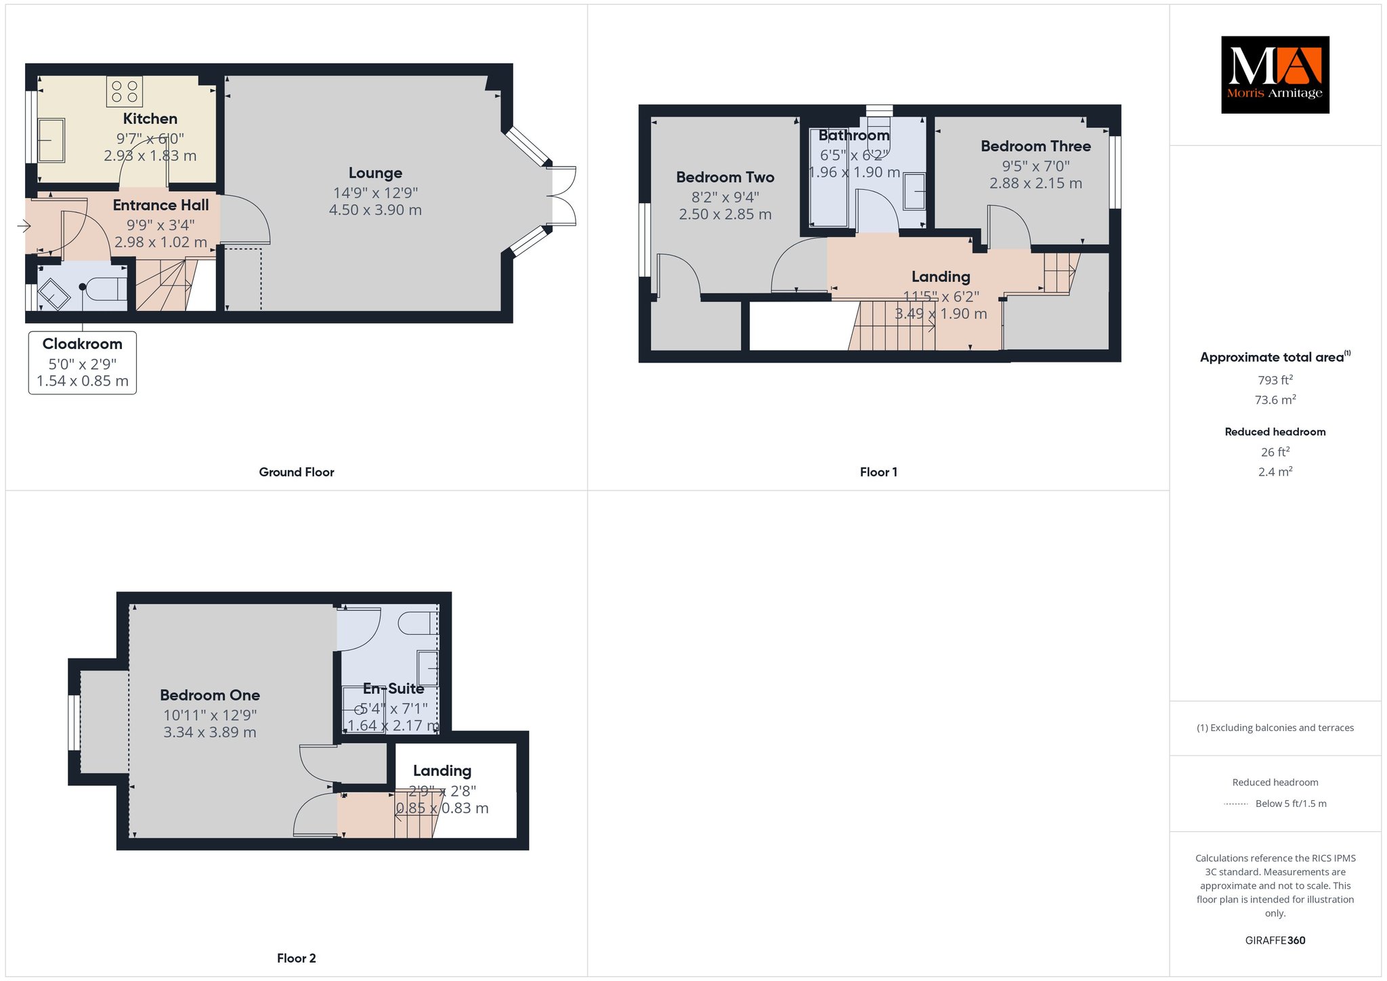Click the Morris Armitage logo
pos(1275,75)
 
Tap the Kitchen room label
pos(150,119)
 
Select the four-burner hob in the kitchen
pos(125,91)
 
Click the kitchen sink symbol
pos(51,140)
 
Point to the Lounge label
pos(375,173)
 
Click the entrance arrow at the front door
pos(25,226)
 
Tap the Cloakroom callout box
pos(83,362)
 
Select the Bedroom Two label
pos(725,178)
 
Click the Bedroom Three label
pos(1036,146)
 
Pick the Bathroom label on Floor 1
pos(854,135)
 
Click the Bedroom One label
pos(210,695)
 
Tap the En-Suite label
pos(393,689)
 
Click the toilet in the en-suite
pos(417,623)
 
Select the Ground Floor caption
pos(297,472)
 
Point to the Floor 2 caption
pos(297,958)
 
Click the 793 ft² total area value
pos(1275,380)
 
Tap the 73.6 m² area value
pos(1275,400)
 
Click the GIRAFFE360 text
pos(1275,940)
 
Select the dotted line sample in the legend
pos(1236,804)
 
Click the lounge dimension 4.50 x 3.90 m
pos(375,211)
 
